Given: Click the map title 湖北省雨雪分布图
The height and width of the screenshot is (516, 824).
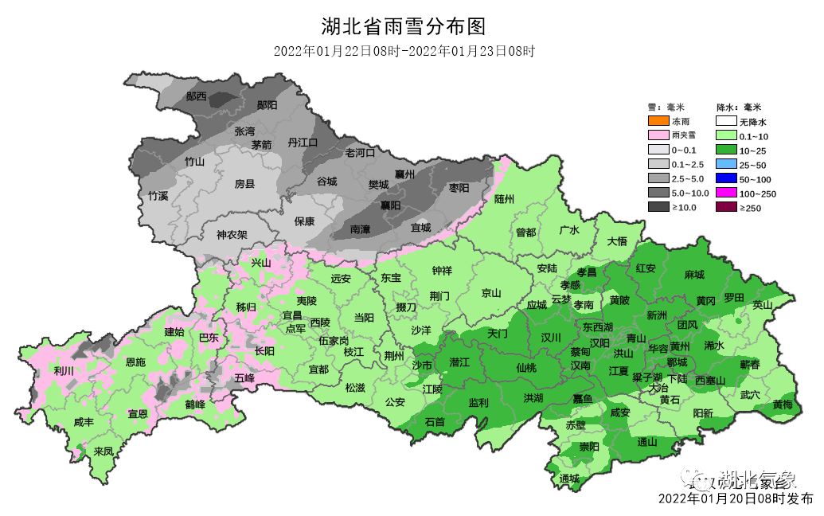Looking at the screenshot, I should click(403, 27).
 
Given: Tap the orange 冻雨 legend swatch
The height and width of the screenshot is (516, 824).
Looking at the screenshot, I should click(658, 121).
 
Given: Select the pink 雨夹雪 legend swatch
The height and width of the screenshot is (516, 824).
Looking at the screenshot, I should click(658, 135).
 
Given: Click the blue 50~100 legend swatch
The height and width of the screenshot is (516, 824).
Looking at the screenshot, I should click(725, 178).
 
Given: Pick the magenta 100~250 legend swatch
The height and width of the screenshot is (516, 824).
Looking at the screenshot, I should click(725, 193).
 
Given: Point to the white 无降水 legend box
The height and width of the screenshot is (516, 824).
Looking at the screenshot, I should click(725, 121).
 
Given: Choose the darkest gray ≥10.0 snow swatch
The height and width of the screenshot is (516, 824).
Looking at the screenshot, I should click(658, 207).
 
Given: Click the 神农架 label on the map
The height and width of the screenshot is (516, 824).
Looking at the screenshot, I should click(232, 235).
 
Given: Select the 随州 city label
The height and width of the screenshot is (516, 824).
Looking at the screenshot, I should click(505, 198).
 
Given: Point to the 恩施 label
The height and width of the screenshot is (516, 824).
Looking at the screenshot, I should click(136, 362).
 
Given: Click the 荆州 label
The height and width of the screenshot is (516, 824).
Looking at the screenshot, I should click(394, 355).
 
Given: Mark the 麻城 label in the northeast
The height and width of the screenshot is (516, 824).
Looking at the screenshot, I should click(693, 275).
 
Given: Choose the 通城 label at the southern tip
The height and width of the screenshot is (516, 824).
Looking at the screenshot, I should click(569, 479).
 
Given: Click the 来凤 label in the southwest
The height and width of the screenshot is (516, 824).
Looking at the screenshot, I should click(103, 451).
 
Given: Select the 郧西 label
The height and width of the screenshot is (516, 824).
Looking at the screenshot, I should click(196, 96).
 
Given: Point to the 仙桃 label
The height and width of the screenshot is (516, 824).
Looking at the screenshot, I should click(526, 368).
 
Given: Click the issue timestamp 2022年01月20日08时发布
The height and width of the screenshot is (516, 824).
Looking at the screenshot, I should click(736, 499).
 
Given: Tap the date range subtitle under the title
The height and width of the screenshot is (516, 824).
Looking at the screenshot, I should click(403, 51).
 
